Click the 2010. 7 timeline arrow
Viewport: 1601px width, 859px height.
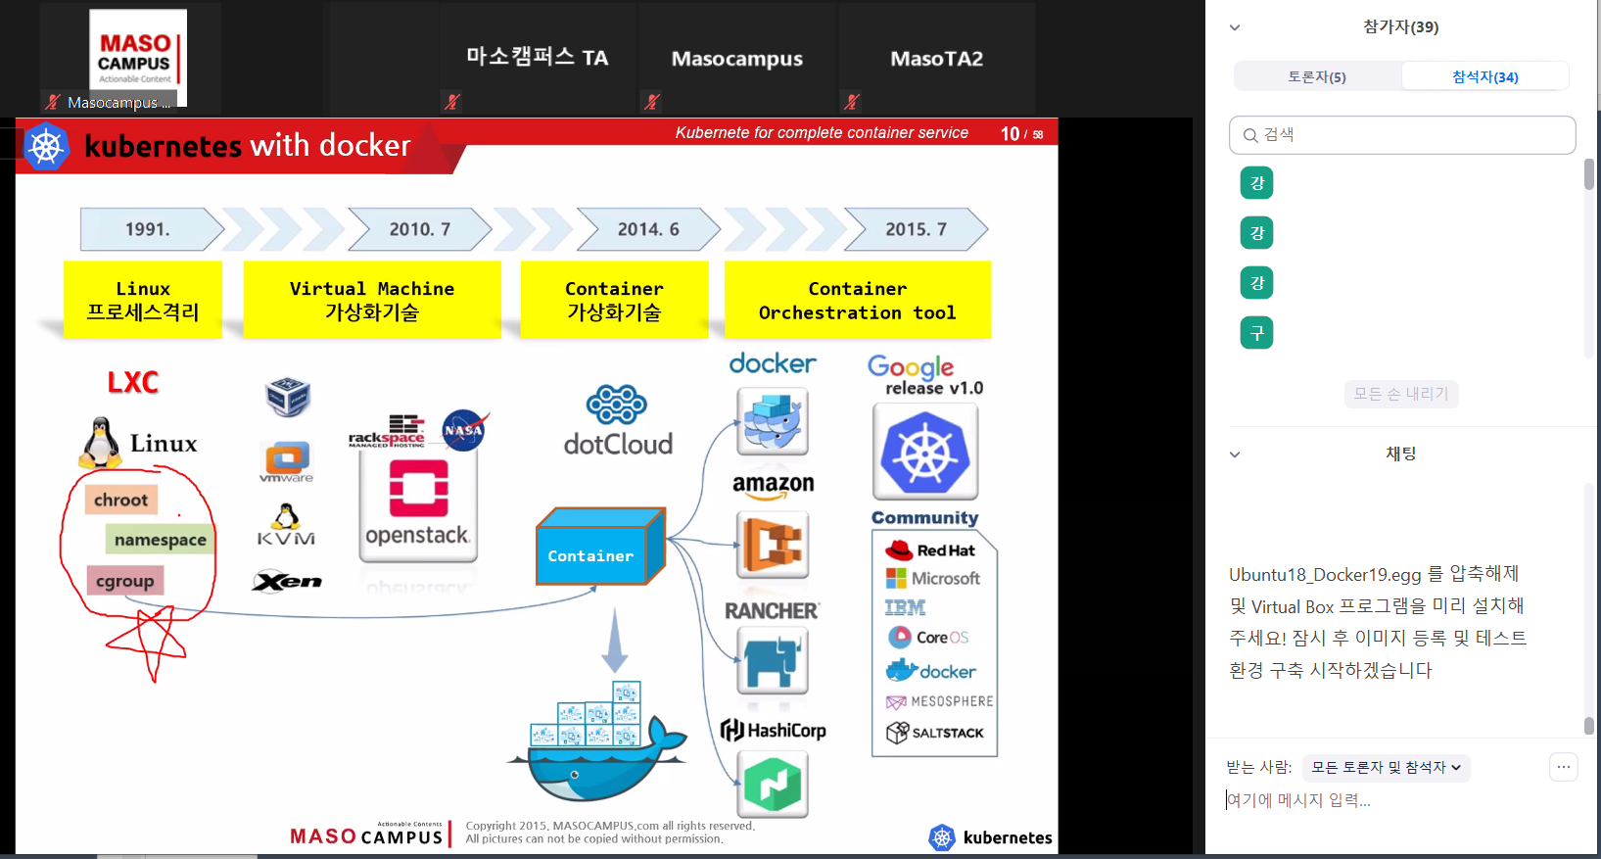pyautogui.click(x=419, y=229)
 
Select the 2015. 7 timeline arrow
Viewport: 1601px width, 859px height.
pyautogui.click(x=916, y=229)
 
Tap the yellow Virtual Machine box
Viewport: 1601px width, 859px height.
pyautogui.click(x=372, y=300)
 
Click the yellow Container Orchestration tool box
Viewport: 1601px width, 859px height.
pyautogui.click(x=857, y=300)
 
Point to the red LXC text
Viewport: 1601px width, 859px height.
pyautogui.click(x=133, y=382)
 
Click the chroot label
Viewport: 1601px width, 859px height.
pyautogui.click(x=120, y=500)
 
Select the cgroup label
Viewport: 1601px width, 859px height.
pyautogui.click(x=124, y=581)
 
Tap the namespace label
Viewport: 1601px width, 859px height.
pyautogui.click(x=160, y=540)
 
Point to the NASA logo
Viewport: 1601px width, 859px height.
pyautogui.click(x=463, y=430)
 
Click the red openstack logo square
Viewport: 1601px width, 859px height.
pyautogui.click(x=418, y=487)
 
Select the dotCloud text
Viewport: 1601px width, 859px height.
pyautogui.click(x=618, y=444)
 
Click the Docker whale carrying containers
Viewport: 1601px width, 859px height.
pyautogui.click(x=597, y=745)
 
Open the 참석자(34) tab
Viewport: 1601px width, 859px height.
pyautogui.click(x=1484, y=76)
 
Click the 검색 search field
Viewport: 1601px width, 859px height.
pyautogui.click(x=1402, y=135)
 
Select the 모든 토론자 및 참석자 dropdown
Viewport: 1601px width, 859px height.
pyautogui.click(x=1386, y=768)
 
